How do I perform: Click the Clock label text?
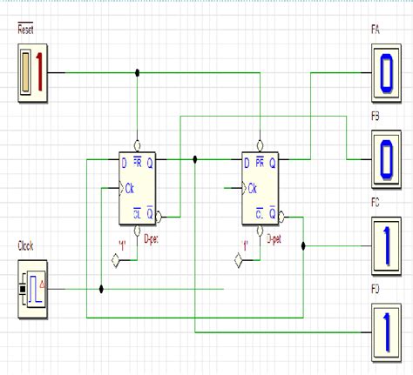point(26,246)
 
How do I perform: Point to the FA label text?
point(375,30)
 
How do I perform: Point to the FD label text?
point(375,288)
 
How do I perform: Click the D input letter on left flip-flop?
point(125,161)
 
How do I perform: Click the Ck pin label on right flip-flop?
point(252,187)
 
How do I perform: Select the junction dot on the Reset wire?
point(136,73)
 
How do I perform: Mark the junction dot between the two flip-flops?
point(195,159)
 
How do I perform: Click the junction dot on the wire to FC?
point(302,245)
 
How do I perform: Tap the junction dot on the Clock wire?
point(102,288)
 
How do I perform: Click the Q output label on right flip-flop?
point(273,162)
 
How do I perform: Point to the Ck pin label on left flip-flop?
point(129,187)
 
